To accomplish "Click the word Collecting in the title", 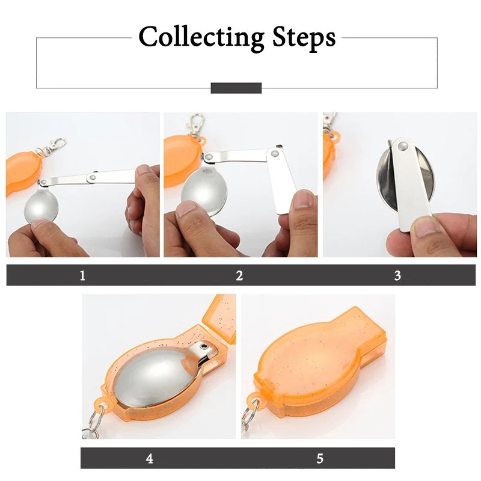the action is [x=201, y=37].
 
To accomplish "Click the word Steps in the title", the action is [x=304, y=38].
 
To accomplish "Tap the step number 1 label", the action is [x=82, y=275].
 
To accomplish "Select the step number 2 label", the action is [x=239, y=275].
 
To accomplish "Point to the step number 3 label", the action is [x=397, y=275].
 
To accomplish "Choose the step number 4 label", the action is [x=149, y=459].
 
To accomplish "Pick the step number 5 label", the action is [x=320, y=459].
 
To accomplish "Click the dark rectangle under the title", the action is [x=236, y=88].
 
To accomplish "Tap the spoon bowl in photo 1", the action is [x=41, y=206].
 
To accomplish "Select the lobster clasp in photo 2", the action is [x=197, y=124].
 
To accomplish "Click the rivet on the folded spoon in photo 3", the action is [x=402, y=146].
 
